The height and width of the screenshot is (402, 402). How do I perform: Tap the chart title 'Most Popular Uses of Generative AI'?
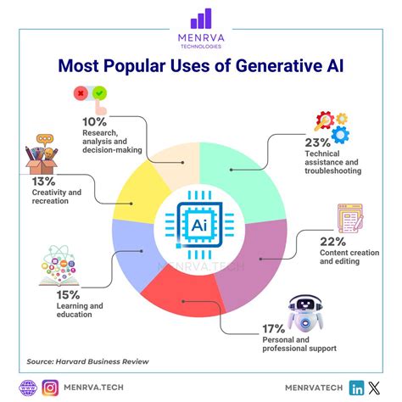point(201,64)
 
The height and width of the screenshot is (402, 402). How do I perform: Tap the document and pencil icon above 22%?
point(351,219)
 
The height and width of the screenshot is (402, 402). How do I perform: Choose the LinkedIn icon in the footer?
point(357,388)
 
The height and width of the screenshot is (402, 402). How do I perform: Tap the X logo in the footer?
point(378,388)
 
